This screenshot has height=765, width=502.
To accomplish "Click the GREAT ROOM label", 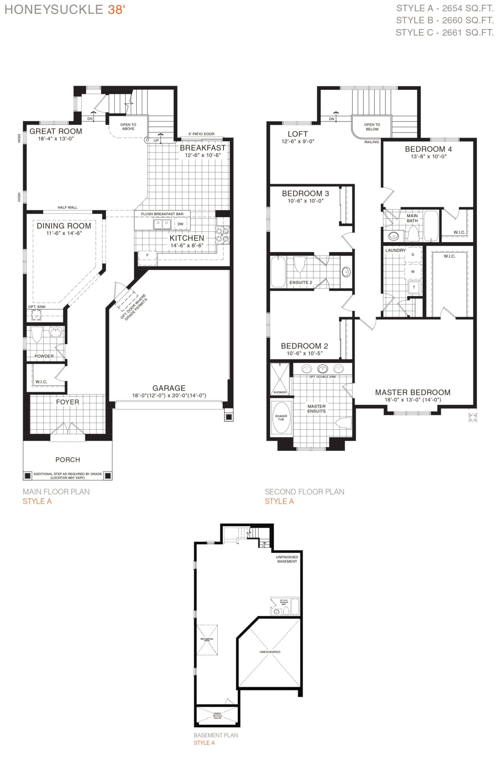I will tap(56, 131).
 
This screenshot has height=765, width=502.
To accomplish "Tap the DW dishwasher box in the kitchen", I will tap(180, 224).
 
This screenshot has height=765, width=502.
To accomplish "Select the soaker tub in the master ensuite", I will tap(281, 417).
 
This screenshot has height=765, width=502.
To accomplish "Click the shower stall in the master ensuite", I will tap(280, 379).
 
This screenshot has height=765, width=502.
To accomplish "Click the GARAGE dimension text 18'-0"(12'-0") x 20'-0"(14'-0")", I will tap(169, 396).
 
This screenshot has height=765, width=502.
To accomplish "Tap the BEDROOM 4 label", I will tap(428, 149).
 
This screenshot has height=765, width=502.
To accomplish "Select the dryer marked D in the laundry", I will tap(413, 255).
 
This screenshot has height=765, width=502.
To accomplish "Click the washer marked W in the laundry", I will tap(413, 272).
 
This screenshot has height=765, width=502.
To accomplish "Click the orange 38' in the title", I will tap(116, 10).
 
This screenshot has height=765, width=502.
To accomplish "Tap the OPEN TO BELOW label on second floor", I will tap(372, 127).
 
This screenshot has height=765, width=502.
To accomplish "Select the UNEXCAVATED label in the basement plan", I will tap(270, 652).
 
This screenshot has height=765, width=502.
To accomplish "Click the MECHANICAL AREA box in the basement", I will tap(207, 640).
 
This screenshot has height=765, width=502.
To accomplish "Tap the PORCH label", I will tap(68, 460).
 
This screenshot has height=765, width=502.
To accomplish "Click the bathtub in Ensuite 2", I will tap(277, 272).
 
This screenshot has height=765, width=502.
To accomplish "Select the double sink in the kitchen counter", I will tap(162, 224).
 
